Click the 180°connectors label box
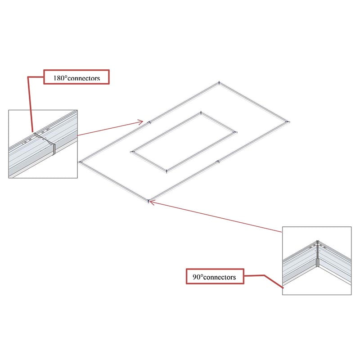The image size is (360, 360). pyautogui.click(x=76, y=77)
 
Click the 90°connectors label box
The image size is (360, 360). pyautogui.click(x=215, y=276)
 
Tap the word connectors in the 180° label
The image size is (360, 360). pyautogui.click(x=84, y=78)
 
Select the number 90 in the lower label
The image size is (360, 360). pyautogui.click(x=197, y=277)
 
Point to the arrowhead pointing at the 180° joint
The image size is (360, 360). pyautogui.click(x=140, y=121)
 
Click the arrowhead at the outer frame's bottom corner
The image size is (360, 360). pyautogui.click(x=153, y=202)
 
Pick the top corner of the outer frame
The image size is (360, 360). pyautogui.click(x=219, y=83)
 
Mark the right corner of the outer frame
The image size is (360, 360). pyautogui.click(x=288, y=121)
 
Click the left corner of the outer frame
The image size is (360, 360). pyautogui.click(x=80, y=162)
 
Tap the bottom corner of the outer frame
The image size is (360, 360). pyautogui.click(x=148, y=201)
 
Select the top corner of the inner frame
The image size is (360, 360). pyautogui.click(x=201, y=113)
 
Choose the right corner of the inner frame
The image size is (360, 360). pyautogui.click(x=235, y=132)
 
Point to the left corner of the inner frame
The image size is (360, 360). pyautogui.click(x=132, y=152)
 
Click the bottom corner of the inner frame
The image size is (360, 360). pyautogui.click(x=166, y=171)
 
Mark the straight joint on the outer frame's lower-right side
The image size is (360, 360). pyautogui.click(x=218, y=162)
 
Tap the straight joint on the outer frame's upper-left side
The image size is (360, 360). pyautogui.click(x=149, y=122)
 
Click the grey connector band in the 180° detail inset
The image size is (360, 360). pyautogui.click(x=54, y=149)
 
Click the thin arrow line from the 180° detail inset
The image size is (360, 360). pyautogui.click(x=110, y=129)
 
